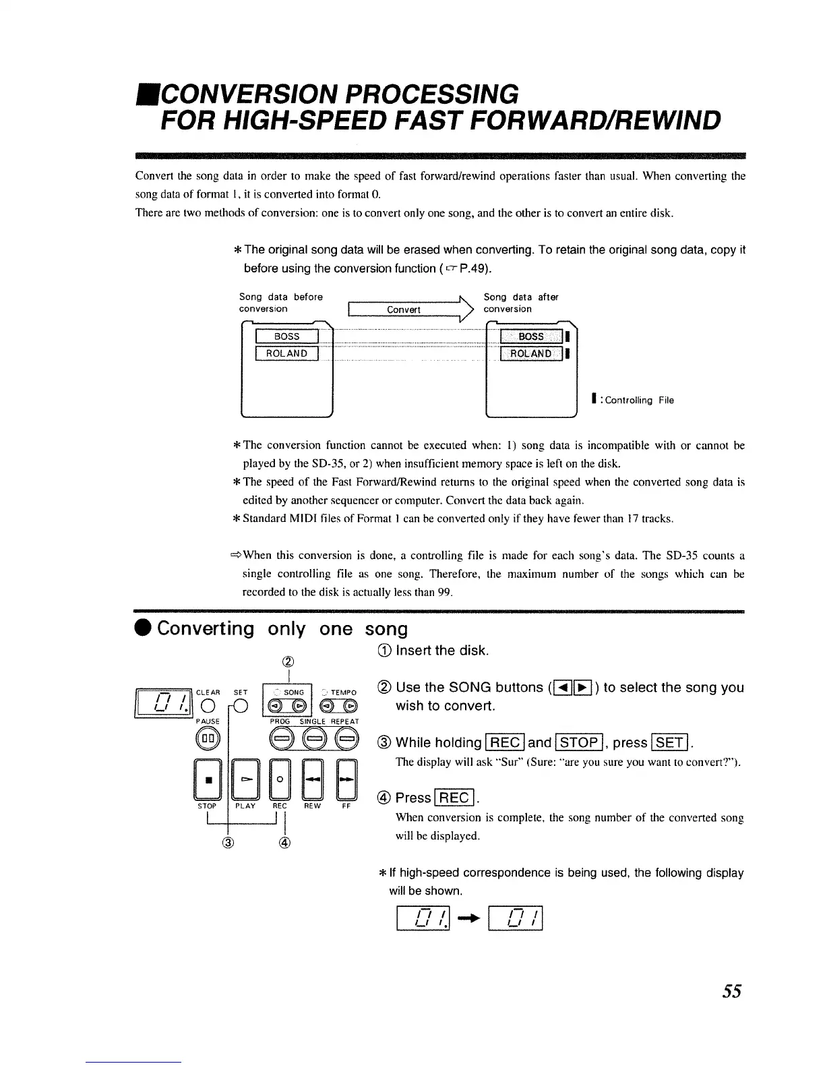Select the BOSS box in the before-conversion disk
(286, 336)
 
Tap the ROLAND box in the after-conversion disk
(531, 354)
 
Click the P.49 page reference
(475, 268)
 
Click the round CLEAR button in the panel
(208, 706)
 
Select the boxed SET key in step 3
(670, 743)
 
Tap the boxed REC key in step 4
(454, 798)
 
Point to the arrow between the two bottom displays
(469, 918)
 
